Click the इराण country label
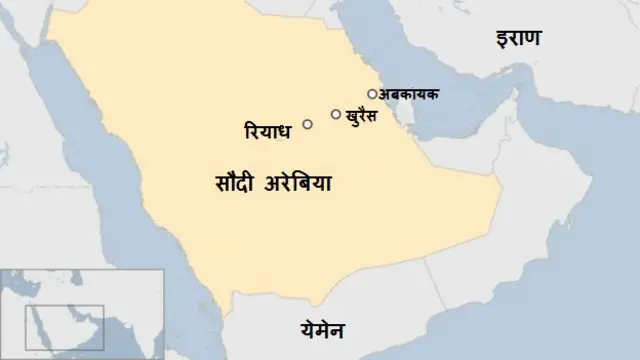tap(517, 40)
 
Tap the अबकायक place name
tap(409, 94)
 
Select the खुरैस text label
tap(368, 115)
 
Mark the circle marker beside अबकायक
tap(371, 94)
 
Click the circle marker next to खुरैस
tap(335, 114)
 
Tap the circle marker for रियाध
tap(306, 124)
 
